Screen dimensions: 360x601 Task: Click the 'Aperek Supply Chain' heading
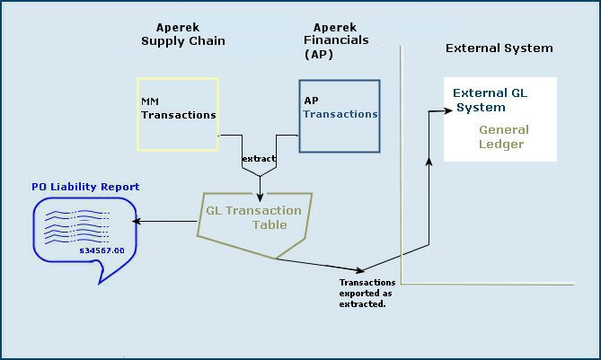pyautogui.click(x=182, y=34)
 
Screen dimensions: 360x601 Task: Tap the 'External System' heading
pyautogui.click(x=499, y=48)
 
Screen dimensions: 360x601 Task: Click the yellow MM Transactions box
pyautogui.click(x=178, y=113)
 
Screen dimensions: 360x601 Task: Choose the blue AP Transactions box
pyautogui.click(x=340, y=116)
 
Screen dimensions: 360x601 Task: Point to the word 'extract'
pyautogui.click(x=259, y=159)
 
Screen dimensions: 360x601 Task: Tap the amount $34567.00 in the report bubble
pyautogui.click(x=102, y=250)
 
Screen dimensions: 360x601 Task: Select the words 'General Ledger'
pyautogui.click(x=501, y=136)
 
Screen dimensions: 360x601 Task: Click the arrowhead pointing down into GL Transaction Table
pyautogui.click(x=260, y=198)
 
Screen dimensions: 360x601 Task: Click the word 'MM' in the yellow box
pyautogui.click(x=150, y=101)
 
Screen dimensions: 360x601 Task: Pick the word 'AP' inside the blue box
pyautogui.click(x=311, y=101)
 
